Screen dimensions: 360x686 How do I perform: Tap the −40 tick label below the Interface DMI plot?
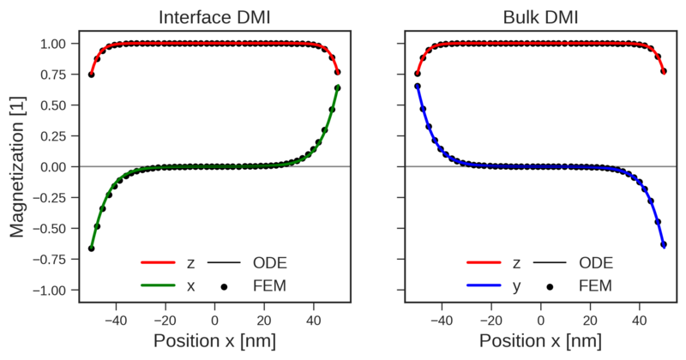pos(116,319)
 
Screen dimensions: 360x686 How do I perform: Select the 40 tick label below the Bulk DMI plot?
pos(639,319)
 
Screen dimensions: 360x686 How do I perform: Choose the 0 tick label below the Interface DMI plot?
pos(215,319)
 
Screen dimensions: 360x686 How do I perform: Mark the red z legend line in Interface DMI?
pos(159,263)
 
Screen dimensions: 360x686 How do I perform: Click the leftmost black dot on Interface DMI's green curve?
pos(92,249)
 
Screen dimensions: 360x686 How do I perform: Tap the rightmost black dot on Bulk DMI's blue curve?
pos(664,245)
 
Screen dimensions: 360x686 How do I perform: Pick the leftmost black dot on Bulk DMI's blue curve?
pos(417,87)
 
